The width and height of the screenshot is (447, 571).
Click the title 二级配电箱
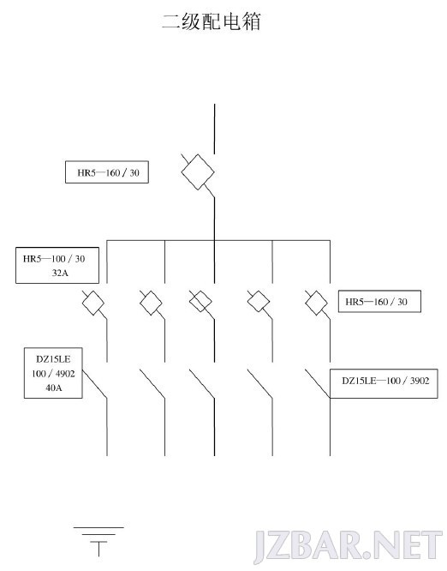[x=212, y=21]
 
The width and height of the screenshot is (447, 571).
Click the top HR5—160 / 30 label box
[x=107, y=171]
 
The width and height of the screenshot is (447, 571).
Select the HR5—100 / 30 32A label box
[x=57, y=266]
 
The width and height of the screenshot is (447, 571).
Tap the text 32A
[x=60, y=273]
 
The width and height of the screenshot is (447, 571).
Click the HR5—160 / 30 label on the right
[x=376, y=302]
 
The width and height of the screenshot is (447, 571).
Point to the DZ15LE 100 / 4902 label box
[x=53, y=373]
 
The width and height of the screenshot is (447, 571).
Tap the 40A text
[x=53, y=388]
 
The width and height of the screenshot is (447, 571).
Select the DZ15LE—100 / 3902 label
[x=385, y=381]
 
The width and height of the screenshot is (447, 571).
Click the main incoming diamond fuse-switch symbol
[x=198, y=171]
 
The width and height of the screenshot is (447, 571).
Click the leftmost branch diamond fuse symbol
[x=93, y=303]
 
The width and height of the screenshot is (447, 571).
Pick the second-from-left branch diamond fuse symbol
[x=151, y=303]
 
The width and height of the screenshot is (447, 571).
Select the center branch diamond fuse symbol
[x=200, y=302]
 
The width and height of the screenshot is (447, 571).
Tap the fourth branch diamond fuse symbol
[x=259, y=302]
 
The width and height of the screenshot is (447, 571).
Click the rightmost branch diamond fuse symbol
[x=316, y=303]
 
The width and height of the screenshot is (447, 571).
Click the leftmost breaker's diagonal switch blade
[x=95, y=384]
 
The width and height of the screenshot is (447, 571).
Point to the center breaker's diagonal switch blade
[x=202, y=384]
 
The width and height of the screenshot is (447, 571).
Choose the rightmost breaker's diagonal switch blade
[x=318, y=384]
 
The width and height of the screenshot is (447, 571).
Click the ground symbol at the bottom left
[x=98, y=542]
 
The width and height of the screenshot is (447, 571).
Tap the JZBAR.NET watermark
[x=348, y=546]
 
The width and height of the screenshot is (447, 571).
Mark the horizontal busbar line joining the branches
[x=218, y=240]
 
